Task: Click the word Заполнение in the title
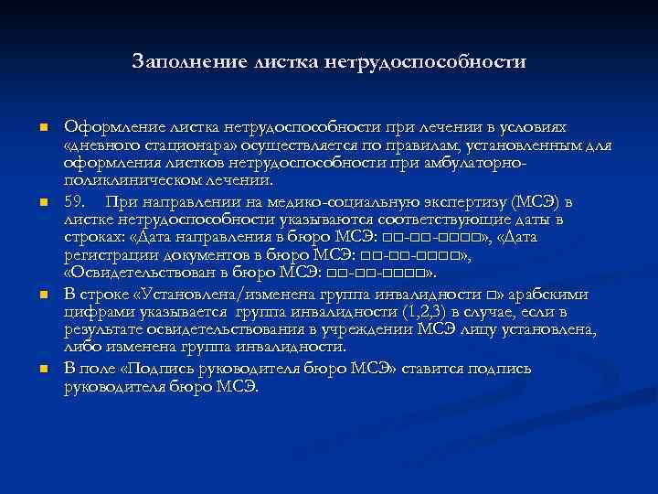[181, 61]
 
